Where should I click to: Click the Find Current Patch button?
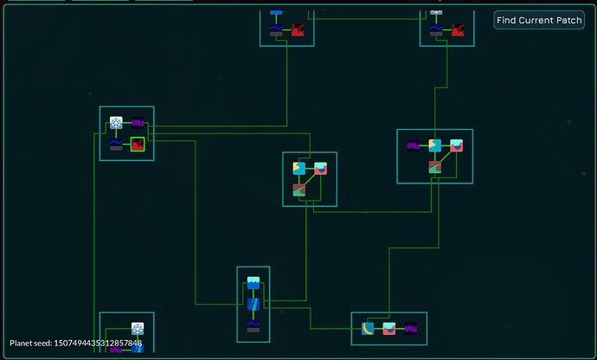(540, 20)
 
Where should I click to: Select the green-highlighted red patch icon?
(138, 145)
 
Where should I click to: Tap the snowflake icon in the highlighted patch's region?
(116, 123)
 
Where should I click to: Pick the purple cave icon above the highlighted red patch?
(138, 123)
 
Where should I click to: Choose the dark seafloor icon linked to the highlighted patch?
(116, 145)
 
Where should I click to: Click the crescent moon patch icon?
(368, 329)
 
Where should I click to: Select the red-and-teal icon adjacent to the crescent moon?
(389, 329)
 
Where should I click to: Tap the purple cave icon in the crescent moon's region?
(411, 329)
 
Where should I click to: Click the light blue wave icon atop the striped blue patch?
(254, 283)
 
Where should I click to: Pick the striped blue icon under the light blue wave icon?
(254, 305)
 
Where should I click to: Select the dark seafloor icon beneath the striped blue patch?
(254, 326)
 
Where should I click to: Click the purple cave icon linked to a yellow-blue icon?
(414, 145)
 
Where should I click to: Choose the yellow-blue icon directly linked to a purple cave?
(435, 145)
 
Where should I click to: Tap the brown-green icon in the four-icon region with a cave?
(435, 167)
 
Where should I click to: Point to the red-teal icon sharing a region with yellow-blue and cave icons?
(457, 145)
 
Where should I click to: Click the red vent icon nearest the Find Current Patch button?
(457, 31)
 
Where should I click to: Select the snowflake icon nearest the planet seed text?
(138, 329)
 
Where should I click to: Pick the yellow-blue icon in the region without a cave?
(298, 168)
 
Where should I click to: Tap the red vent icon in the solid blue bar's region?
(298, 31)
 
